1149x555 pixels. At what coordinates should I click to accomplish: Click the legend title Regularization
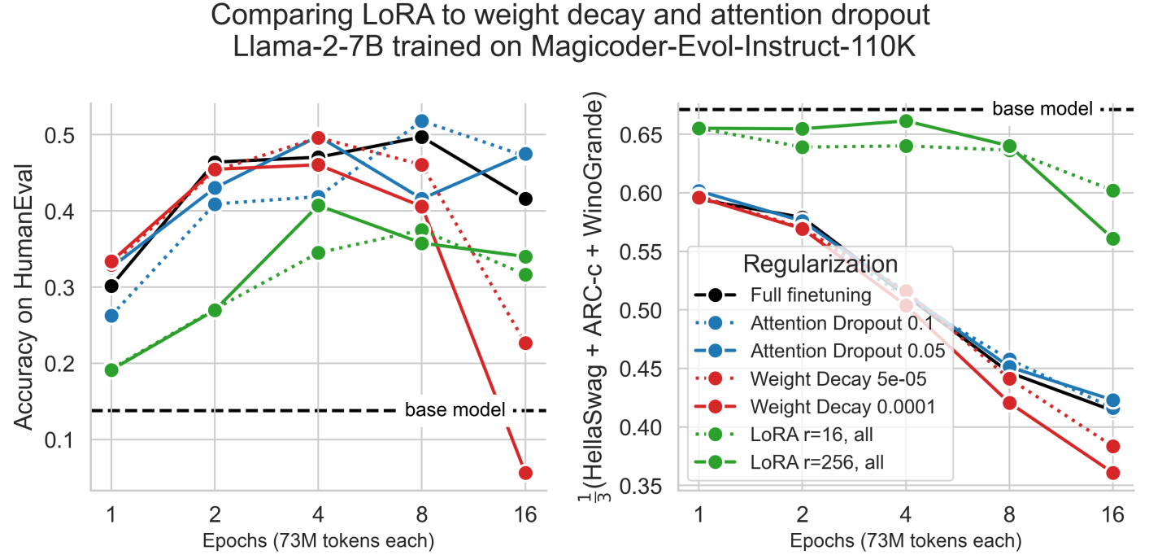pyautogui.click(x=820, y=264)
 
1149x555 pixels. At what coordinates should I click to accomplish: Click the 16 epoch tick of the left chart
pyautogui.click(x=525, y=516)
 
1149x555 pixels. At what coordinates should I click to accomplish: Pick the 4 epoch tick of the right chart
pyautogui.click(x=906, y=516)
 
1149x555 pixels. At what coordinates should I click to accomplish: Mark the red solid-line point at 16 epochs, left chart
pyautogui.click(x=525, y=473)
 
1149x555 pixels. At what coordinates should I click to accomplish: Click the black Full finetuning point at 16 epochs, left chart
pyautogui.click(x=525, y=199)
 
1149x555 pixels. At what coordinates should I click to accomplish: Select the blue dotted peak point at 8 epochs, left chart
pyautogui.click(x=421, y=121)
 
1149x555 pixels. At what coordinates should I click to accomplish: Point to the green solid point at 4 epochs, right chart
pyautogui.click(x=906, y=121)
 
